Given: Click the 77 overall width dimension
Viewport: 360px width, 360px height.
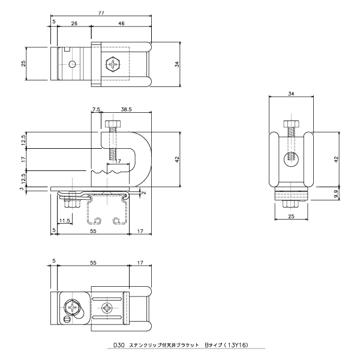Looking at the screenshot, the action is [101, 13].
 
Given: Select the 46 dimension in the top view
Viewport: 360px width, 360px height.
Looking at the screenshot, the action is [121, 23].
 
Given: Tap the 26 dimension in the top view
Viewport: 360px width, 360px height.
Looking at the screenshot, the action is [74, 23].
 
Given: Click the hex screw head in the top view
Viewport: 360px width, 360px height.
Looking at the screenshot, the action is [113, 64].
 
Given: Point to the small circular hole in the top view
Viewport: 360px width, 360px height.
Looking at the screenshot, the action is [73, 64].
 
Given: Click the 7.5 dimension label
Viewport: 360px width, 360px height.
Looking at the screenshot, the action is [96, 109].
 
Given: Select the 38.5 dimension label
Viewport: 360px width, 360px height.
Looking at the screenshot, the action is [126, 109].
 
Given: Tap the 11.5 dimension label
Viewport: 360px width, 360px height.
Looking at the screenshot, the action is [65, 221].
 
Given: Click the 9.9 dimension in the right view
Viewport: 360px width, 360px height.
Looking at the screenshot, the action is [336, 194].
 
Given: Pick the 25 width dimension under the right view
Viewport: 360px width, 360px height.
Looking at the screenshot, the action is [291, 216].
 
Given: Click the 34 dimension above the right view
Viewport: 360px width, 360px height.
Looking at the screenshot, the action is [291, 94].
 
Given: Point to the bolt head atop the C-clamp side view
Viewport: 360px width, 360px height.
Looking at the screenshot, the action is [113, 124].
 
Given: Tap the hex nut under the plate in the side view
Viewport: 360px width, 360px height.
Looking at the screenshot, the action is [73, 204].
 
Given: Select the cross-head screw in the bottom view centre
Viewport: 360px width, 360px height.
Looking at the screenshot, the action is [107, 308].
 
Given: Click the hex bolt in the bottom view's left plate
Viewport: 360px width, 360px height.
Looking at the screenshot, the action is [73, 307].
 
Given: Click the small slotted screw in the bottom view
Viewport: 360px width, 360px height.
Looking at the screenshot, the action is [67, 319].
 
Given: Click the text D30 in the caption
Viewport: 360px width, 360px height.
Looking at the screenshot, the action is [119, 345].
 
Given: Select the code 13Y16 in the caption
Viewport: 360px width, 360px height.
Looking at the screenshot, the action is [236, 345].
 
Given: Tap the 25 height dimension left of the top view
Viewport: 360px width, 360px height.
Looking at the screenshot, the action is [23, 64].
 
